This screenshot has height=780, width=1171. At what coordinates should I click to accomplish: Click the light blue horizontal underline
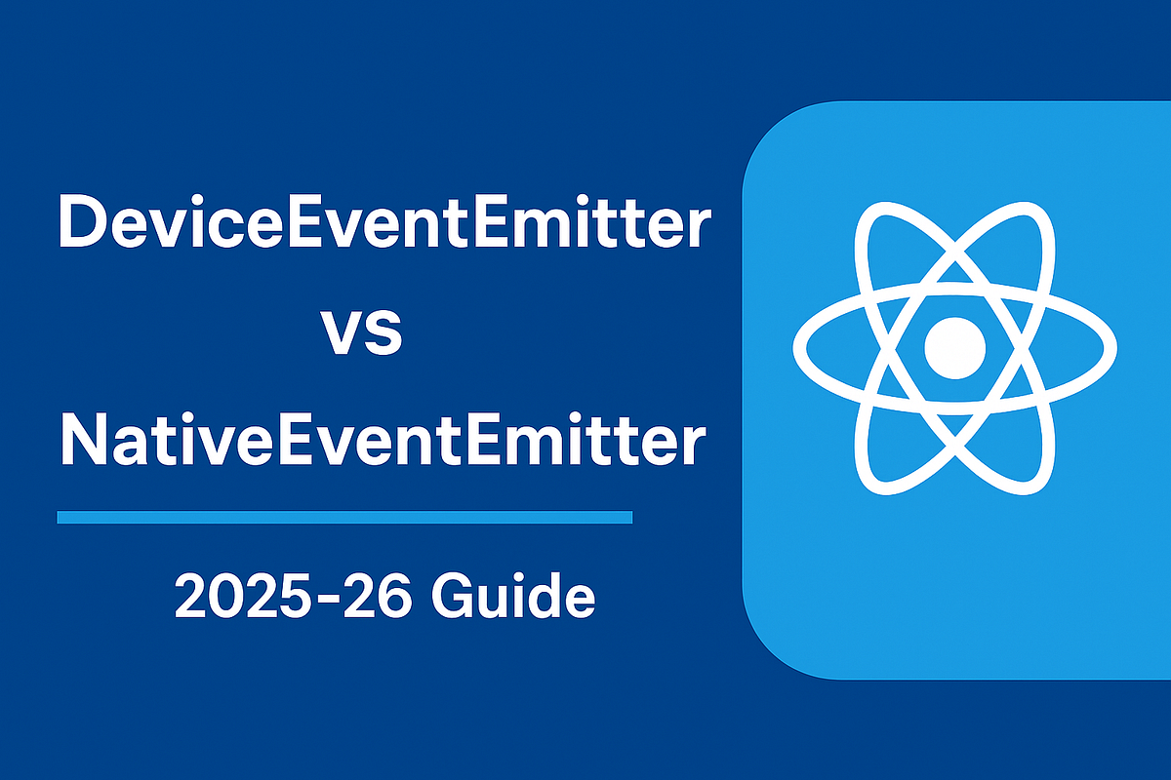pos(344,517)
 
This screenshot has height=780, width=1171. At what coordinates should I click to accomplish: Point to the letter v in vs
pos(342,334)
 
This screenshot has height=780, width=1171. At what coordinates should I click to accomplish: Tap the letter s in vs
pos(384,334)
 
